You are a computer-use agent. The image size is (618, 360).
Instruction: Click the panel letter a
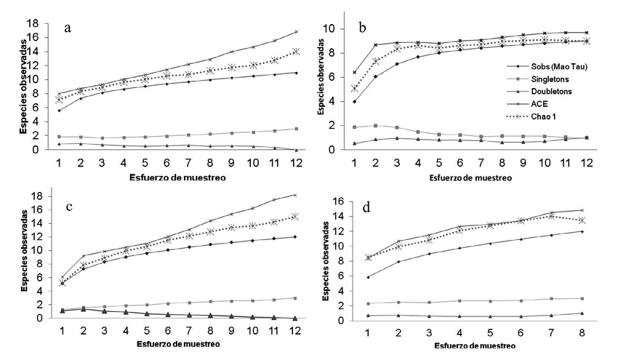(x=67, y=28)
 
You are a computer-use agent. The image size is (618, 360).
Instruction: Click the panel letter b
(x=363, y=27)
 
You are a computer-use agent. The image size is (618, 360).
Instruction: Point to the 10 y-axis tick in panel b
(x=329, y=29)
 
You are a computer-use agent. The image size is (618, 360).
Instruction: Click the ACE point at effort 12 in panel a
(x=295, y=31)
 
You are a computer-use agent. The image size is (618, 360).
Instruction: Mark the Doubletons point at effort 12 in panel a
(x=295, y=149)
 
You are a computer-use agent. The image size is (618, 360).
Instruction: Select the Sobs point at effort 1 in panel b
(x=354, y=101)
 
